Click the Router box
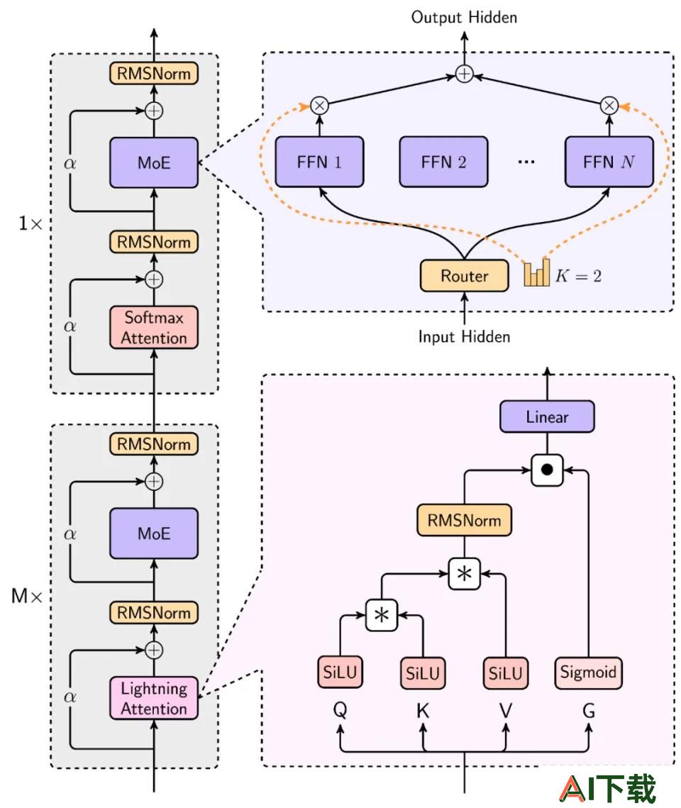(x=464, y=276)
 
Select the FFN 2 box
(x=443, y=162)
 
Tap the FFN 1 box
(x=319, y=162)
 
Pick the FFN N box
(x=609, y=162)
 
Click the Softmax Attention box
(x=153, y=327)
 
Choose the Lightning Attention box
(x=153, y=698)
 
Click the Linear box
(x=547, y=416)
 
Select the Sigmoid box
(x=588, y=673)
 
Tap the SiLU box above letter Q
(x=340, y=673)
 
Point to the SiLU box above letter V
(x=505, y=673)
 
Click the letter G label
(x=588, y=711)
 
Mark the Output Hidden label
(x=464, y=18)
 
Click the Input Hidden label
(x=464, y=336)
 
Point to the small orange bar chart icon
(x=537, y=273)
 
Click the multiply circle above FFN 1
(x=319, y=106)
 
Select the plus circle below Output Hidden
(x=464, y=74)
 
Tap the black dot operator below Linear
(x=547, y=470)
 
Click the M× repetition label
(x=27, y=596)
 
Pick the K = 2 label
(x=578, y=276)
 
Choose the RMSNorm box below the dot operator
(x=464, y=520)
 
